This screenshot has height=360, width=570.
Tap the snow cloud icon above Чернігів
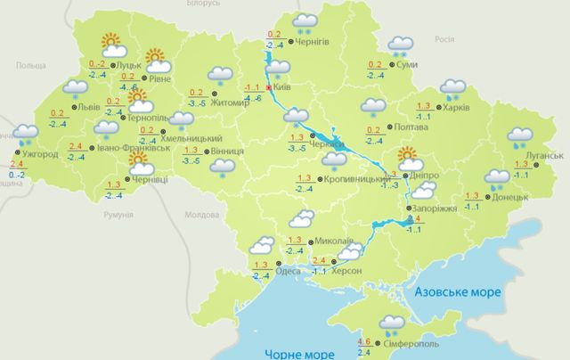(x=305, y=22)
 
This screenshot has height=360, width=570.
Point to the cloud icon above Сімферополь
(x=392, y=324)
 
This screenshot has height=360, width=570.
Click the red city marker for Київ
(x=269, y=88)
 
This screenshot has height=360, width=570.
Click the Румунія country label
(x=118, y=216)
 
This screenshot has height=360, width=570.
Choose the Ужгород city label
(x=42, y=154)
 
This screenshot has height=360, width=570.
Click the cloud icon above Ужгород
(x=25, y=135)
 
